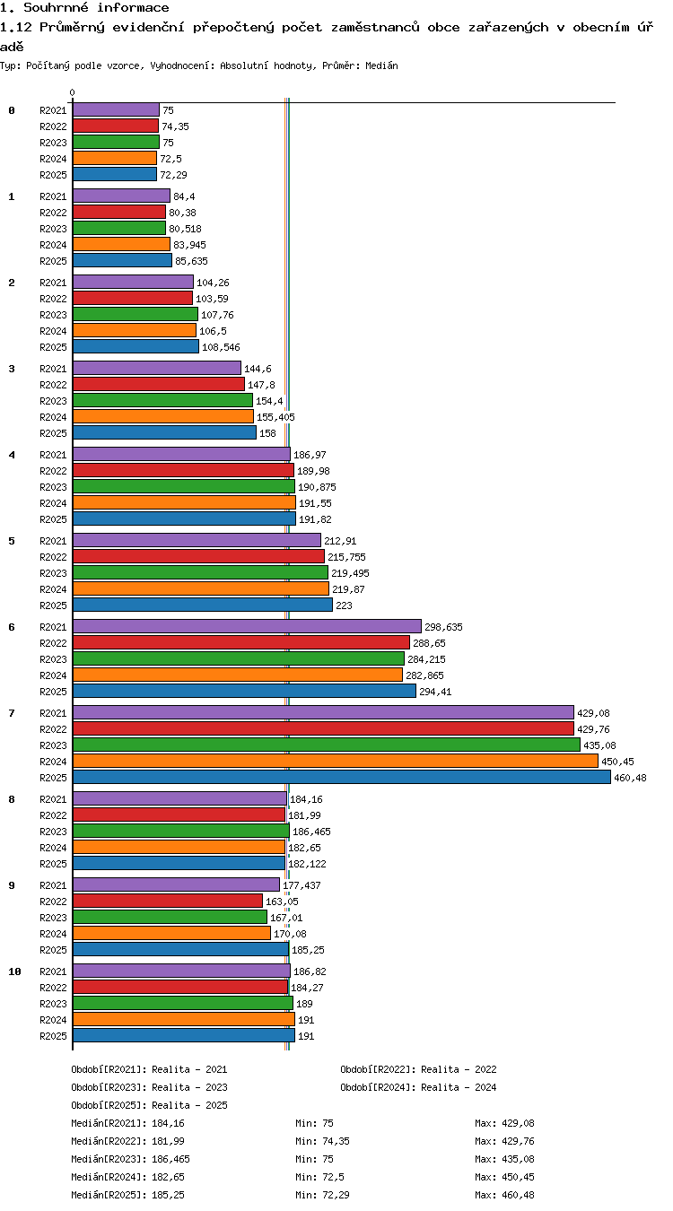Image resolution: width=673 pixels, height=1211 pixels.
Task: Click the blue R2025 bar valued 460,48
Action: click(341, 778)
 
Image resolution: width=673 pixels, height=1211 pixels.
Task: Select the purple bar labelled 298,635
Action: click(247, 627)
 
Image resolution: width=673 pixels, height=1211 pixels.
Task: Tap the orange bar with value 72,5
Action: click(115, 159)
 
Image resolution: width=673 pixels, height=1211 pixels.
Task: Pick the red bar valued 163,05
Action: click(167, 902)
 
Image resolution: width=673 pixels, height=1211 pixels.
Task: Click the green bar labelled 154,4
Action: click(162, 401)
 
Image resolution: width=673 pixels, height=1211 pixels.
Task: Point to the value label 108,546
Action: click(221, 347)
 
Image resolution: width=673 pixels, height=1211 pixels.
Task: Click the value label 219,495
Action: click(350, 573)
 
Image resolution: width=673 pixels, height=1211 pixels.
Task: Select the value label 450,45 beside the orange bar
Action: click(617, 762)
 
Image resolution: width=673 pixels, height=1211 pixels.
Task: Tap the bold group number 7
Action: click(12, 713)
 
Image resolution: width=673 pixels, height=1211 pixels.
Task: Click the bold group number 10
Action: click(14, 971)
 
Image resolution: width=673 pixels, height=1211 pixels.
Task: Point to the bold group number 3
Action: click(12, 369)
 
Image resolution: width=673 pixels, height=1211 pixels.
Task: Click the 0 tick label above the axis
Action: click(73, 92)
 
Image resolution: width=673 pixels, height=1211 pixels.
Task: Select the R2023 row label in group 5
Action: click(53, 573)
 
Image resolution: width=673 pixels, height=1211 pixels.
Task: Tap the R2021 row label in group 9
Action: click(53, 885)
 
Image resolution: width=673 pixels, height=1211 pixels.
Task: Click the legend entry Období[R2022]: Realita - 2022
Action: click(418, 1069)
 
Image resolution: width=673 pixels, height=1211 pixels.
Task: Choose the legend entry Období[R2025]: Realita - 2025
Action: click(149, 1105)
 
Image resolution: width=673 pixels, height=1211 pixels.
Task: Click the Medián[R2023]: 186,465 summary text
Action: click(130, 1159)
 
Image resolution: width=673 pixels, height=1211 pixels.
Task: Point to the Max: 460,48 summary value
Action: click(504, 1195)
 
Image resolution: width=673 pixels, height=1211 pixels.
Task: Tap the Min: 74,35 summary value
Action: click(322, 1141)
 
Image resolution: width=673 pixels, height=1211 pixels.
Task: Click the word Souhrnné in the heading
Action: click(56, 7)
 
